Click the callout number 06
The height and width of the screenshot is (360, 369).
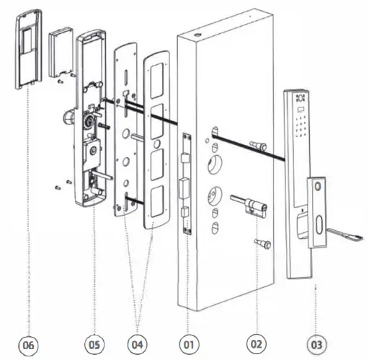(28, 345)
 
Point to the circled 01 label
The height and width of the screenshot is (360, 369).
(188, 345)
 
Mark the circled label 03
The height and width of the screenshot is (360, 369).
(316, 345)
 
